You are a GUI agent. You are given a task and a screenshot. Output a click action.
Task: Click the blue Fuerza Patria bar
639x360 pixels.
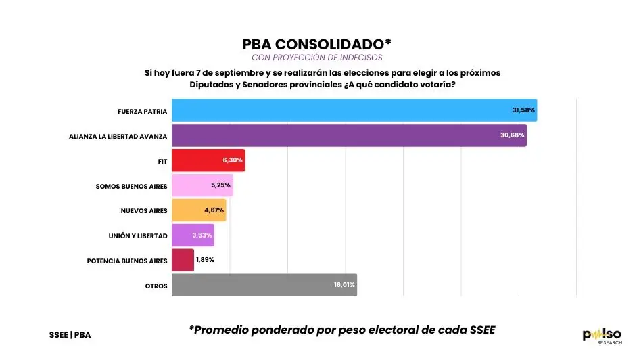354,110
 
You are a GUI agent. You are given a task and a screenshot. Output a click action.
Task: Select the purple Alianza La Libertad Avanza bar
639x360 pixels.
349,135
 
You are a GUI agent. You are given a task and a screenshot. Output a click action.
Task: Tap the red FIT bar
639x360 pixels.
208,160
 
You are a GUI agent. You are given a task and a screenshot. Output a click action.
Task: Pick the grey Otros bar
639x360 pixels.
264,285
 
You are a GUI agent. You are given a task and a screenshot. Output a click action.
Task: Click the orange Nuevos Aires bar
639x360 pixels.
199,210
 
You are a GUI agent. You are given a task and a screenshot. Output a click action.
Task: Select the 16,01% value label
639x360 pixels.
344,285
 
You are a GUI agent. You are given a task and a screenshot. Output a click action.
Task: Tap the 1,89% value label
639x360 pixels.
205,260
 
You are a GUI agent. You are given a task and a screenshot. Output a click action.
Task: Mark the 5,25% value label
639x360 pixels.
221,185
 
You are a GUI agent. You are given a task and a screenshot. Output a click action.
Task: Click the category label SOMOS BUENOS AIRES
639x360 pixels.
131,185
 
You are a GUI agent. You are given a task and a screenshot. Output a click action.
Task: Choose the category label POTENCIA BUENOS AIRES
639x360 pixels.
127,260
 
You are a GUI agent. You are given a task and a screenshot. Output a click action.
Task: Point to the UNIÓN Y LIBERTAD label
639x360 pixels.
138,235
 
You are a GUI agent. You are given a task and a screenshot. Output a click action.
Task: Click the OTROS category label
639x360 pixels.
156,285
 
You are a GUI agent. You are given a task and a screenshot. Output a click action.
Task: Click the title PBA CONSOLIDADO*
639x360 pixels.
317,44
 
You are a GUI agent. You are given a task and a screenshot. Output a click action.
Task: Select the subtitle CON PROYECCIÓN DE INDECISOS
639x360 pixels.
317,58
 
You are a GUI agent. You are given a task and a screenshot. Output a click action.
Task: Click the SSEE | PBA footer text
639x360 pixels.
70,335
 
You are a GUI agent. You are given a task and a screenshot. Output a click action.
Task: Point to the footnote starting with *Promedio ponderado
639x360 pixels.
342,330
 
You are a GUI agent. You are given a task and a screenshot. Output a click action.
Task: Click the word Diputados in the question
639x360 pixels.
213,85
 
